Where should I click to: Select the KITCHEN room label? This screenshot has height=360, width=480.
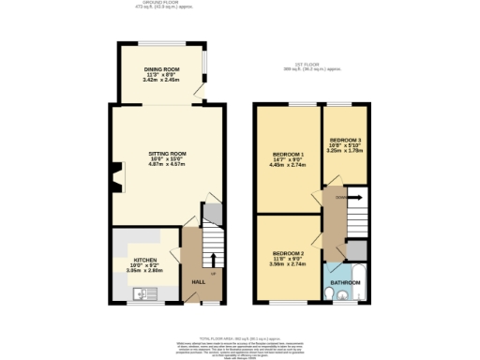(x=144, y=259)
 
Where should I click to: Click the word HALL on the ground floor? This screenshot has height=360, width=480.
(x=198, y=281)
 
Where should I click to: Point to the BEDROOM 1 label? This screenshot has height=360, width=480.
(x=288, y=154)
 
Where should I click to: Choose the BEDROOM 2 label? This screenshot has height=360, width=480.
(x=288, y=254)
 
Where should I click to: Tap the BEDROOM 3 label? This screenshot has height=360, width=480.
(x=345, y=140)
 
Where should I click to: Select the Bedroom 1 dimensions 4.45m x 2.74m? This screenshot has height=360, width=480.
(x=288, y=166)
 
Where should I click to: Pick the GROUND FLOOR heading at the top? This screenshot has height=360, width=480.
(x=159, y=4)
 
